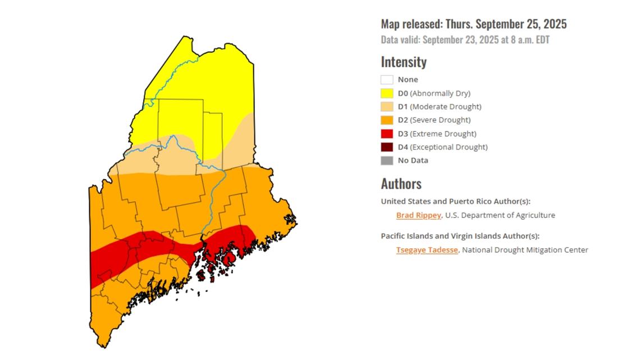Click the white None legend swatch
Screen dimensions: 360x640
387,80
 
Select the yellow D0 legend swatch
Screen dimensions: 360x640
387,93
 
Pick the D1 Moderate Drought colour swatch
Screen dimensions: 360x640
387,107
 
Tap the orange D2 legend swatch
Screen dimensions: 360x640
387,120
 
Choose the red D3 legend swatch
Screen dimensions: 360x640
387,134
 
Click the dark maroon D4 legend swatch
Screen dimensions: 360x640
387,147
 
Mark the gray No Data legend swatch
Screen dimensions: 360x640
387,161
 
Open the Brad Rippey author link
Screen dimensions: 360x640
419,215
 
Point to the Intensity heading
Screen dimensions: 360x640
404,62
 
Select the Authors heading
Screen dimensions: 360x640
401,184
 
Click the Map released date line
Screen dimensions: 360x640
473,24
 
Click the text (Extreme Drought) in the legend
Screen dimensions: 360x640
443,134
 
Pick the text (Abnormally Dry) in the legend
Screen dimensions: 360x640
440,93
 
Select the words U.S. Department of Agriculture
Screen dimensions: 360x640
500,215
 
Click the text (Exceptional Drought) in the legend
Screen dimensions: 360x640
449,147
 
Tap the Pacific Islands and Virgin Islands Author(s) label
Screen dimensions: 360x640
464,236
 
